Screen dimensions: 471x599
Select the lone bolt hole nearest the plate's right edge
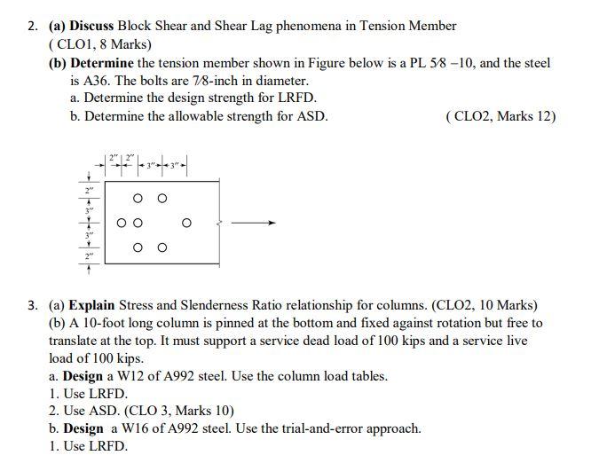pyautogui.click(x=186, y=223)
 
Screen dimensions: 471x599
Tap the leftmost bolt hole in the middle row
pyautogui.click(x=122, y=223)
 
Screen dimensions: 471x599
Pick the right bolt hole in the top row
pyautogui.click(x=162, y=198)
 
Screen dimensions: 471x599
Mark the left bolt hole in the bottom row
pyautogui.click(x=138, y=247)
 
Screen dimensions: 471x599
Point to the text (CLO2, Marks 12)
pyautogui.click(x=502, y=116)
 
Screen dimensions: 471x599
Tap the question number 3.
pyautogui.click(x=32, y=305)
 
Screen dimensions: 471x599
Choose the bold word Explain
pyautogui.click(x=91, y=305)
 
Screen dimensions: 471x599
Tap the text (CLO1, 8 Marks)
pyautogui.click(x=99, y=43)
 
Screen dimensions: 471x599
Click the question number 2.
pyautogui.click(x=32, y=26)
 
